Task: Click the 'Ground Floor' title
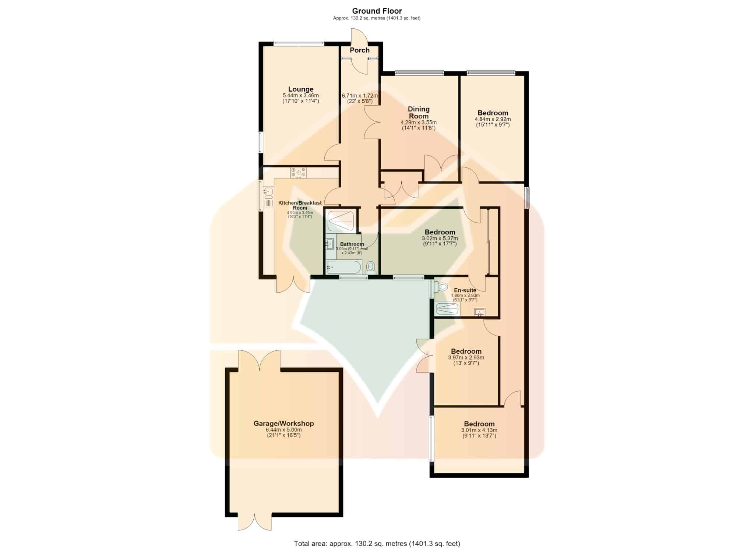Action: [x=377, y=11]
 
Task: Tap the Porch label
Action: [x=360, y=50]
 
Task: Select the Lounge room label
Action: [x=301, y=89]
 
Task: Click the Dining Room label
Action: [x=419, y=112]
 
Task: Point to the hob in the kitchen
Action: [x=298, y=172]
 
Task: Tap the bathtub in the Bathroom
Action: [x=344, y=267]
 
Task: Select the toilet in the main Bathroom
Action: [x=370, y=268]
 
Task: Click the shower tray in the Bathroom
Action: [x=341, y=220]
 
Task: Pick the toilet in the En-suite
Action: [x=440, y=286]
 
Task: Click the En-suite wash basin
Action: [x=479, y=312]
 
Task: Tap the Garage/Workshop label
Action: [x=283, y=424]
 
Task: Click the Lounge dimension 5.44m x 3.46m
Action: [x=298, y=95]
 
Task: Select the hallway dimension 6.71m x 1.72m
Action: [x=360, y=96]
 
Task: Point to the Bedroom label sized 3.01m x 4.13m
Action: [x=479, y=424]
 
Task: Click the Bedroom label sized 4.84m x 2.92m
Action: [x=493, y=113]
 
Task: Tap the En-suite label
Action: [x=465, y=290]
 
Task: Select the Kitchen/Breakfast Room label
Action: [x=300, y=205]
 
